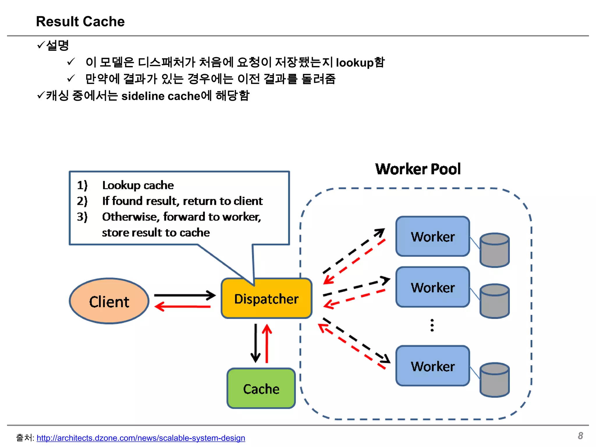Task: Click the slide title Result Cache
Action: tap(80, 22)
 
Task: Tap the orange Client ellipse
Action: tap(109, 301)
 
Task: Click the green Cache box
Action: tap(261, 389)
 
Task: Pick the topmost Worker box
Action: tap(432, 237)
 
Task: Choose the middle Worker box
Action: tap(432, 287)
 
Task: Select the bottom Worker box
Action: tap(432, 366)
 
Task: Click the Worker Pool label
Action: tap(418, 169)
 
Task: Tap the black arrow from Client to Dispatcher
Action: tap(185, 295)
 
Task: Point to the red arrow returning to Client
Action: tap(183, 306)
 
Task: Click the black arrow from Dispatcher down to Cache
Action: tap(256, 343)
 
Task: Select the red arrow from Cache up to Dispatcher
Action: tap(267, 343)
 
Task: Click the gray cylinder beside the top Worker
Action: tap(494, 250)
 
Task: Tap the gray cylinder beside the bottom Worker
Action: tap(494, 380)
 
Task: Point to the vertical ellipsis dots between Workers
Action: tap(432, 325)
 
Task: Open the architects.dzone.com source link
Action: tap(141, 438)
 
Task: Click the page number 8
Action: tap(580, 436)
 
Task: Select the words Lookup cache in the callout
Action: tap(138, 185)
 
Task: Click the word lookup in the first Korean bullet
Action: tap(354, 63)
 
